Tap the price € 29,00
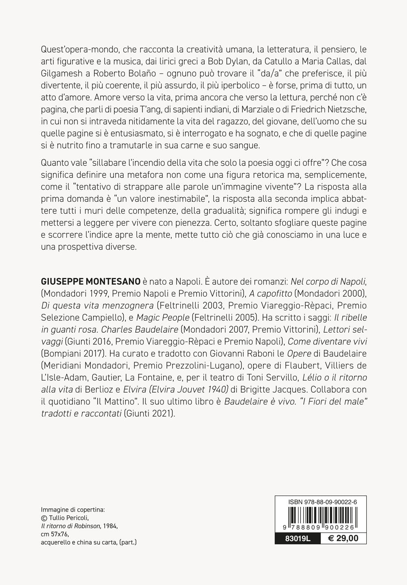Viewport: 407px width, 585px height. point(343,539)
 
